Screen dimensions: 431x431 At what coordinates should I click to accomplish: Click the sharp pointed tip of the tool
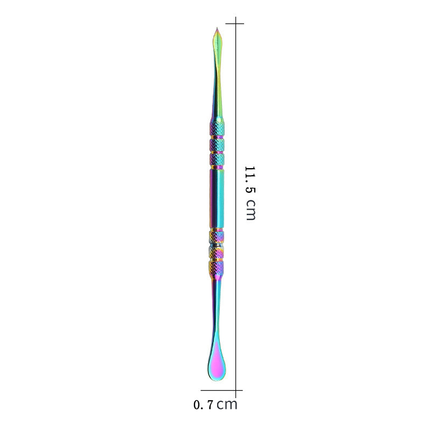(x=217, y=28)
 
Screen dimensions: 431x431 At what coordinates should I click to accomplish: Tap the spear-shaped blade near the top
(x=218, y=47)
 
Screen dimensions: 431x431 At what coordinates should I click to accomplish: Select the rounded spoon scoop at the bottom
(x=217, y=363)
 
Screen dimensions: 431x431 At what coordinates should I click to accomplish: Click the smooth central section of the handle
(x=217, y=198)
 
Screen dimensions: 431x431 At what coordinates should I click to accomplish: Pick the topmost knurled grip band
(x=217, y=129)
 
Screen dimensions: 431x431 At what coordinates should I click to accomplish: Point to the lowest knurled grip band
(x=217, y=267)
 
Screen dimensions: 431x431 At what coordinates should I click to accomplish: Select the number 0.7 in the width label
(x=204, y=405)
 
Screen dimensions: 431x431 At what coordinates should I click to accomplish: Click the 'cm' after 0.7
(x=227, y=405)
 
